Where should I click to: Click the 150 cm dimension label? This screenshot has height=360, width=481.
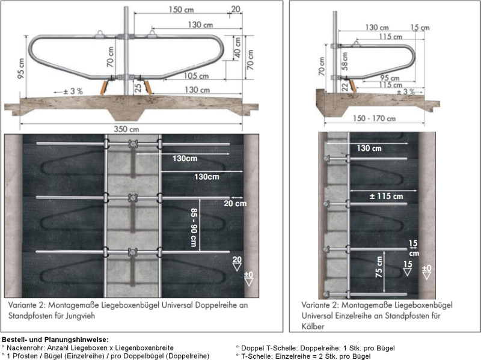pyautogui.click(x=182, y=10)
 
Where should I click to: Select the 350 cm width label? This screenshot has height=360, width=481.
pyautogui.click(x=127, y=129)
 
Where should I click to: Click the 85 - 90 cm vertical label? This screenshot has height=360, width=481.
pyautogui.click(x=194, y=227)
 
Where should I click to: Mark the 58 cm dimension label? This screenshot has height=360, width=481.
pyautogui.click(x=345, y=62)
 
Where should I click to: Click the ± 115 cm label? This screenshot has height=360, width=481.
pyautogui.click(x=385, y=196)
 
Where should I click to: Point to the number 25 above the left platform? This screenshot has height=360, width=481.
pyautogui.click(x=138, y=88)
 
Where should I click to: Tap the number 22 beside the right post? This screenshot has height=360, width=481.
pyautogui.click(x=345, y=87)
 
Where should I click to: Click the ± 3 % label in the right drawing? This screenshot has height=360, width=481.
pyautogui.click(x=406, y=91)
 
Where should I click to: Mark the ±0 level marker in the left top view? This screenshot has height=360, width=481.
pyautogui.click(x=249, y=276)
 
